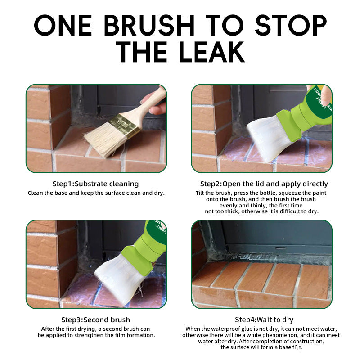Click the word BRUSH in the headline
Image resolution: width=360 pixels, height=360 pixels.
pyautogui.click(x=149, y=25)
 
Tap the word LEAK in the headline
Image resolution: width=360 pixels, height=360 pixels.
pyautogui.click(x=212, y=52)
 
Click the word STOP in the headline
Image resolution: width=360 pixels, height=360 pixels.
pyautogui.click(x=291, y=25)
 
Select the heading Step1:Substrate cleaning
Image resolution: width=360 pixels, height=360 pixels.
pyautogui.click(x=95, y=184)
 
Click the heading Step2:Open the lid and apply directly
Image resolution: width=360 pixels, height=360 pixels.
pyautogui.click(x=264, y=184)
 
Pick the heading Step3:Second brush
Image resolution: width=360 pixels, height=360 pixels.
pyautogui.click(x=95, y=319)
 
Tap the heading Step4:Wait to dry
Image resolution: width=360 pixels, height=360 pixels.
pyautogui.click(x=264, y=319)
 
